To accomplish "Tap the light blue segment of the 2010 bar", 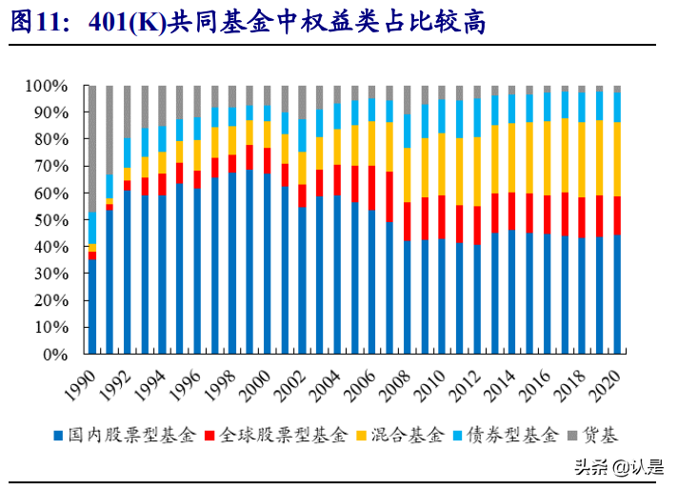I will [443, 115].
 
